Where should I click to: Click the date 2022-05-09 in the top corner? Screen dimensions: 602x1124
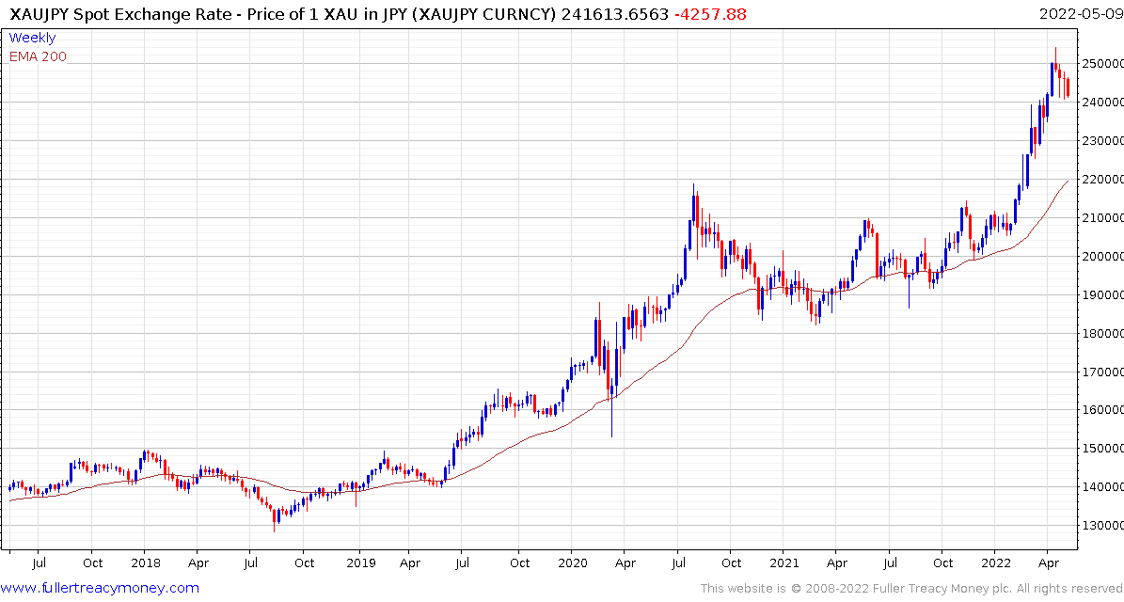click(x=1080, y=13)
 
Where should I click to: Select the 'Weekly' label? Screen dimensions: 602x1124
click(x=32, y=38)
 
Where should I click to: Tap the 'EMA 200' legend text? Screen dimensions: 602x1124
click(x=38, y=56)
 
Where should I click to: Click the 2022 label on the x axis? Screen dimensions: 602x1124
click(x=996, y=563)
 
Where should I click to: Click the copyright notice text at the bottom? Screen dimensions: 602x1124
click(x=909, y=589)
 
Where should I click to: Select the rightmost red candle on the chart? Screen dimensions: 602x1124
click(x=1067, y=87)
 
